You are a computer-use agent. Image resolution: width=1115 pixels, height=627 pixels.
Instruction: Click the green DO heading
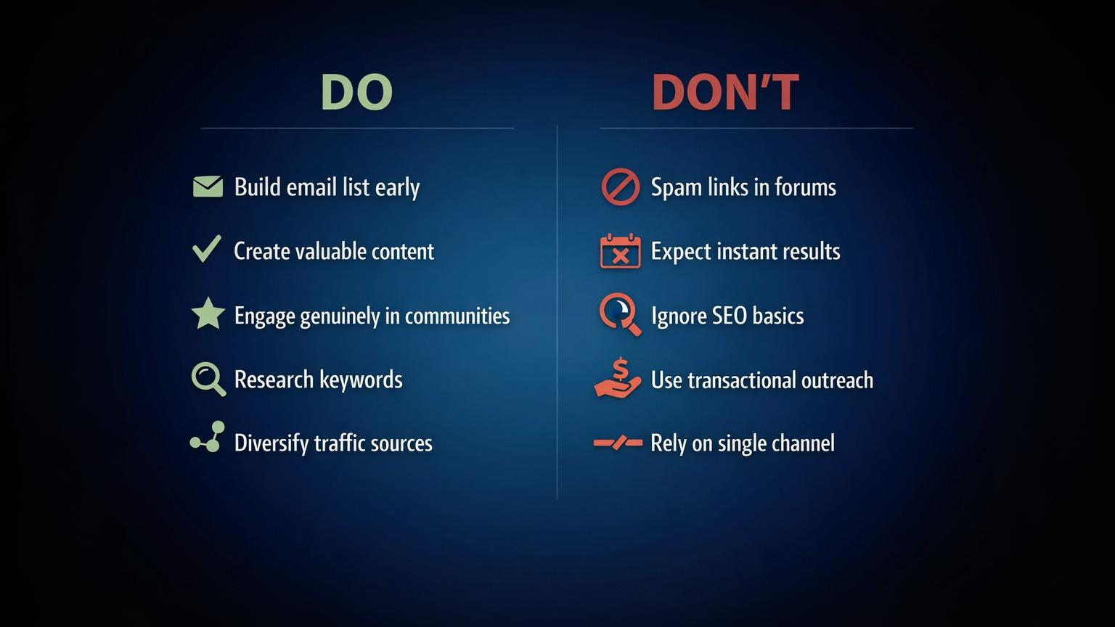(x=356, y=92)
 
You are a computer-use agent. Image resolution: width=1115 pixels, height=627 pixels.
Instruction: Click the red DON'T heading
(x=725, y=92)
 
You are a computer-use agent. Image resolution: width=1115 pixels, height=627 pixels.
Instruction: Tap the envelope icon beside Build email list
(x=208, y=187)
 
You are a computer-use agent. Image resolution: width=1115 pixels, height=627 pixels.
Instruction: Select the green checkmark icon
(x=207, y=249)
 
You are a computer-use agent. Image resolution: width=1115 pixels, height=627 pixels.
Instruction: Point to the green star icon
(x=208, y=314)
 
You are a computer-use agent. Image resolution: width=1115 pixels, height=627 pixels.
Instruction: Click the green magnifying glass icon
(x=208, y=379)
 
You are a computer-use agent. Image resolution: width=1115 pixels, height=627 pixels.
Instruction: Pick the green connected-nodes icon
(x=208, y=438)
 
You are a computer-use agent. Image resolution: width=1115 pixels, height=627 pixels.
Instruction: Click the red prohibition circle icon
(x=620, y=187)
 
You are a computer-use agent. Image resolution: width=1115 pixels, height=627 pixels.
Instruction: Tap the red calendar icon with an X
(x=620, y=251)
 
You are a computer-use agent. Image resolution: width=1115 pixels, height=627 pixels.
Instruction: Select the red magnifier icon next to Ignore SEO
(x=620, y=314)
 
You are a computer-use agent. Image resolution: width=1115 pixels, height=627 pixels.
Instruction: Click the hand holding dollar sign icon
(x=618, y=378)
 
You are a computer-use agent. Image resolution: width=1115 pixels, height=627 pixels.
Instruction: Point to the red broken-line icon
(x=618, y=443)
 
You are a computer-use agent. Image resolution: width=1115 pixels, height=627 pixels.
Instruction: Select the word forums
(x=805, y=187)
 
